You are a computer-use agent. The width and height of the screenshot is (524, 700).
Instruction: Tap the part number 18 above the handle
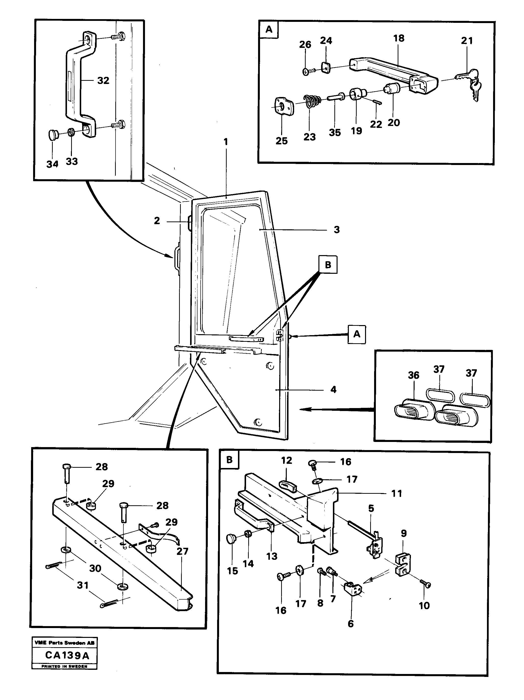(398, 38)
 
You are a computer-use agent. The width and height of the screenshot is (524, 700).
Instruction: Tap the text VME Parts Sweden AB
(64, 643)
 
